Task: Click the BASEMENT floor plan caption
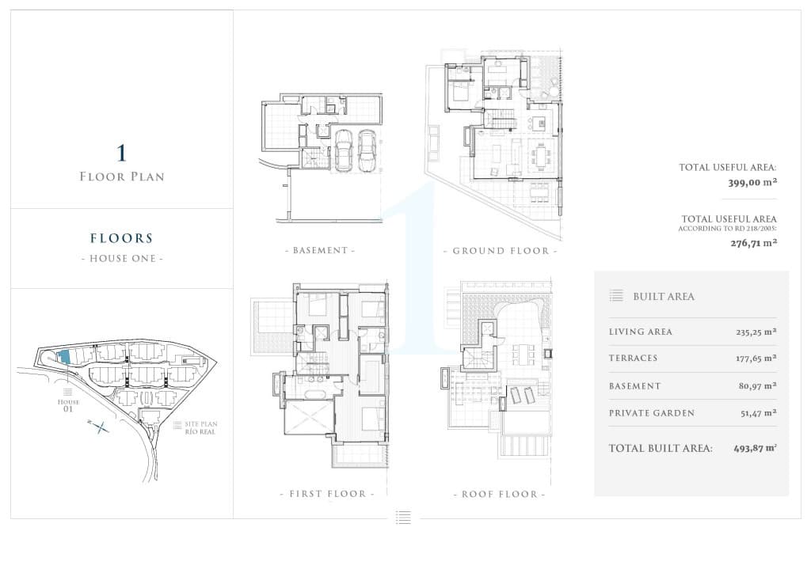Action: [320, 251]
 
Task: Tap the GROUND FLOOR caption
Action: [501, 251]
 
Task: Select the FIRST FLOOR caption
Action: [327, 494]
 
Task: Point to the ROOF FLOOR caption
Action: [500, 495]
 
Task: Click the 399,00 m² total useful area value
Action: [752, 182]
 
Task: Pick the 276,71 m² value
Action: [754, 243]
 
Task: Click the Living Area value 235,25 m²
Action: [756, 332]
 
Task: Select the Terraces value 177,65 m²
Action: [756, 358]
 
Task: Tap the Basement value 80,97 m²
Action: [758, 386]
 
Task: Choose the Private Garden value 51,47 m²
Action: [758, 413]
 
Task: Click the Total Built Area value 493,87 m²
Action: [755, 449]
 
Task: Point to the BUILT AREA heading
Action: [664, 297]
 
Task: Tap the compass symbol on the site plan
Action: [99, 427]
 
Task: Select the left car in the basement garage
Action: [343, 150]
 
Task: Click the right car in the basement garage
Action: [367, 150]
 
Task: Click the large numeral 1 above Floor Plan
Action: [121, 154]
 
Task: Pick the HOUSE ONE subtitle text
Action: [122, 258]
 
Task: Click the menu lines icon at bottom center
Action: [403, 517]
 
